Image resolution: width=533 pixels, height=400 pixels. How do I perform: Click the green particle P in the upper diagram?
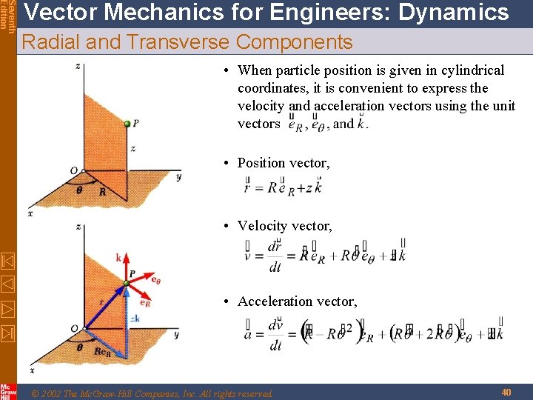127,123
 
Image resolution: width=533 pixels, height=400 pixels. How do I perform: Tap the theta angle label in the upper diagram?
79,189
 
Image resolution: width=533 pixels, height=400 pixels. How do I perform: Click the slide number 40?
506,392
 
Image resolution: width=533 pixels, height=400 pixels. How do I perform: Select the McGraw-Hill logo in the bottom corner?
7,391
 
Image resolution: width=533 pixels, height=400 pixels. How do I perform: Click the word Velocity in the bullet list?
263,226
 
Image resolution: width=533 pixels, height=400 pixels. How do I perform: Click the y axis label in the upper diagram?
179,177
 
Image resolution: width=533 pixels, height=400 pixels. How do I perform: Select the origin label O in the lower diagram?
73,328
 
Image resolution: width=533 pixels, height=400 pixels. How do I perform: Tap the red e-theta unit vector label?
155,279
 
